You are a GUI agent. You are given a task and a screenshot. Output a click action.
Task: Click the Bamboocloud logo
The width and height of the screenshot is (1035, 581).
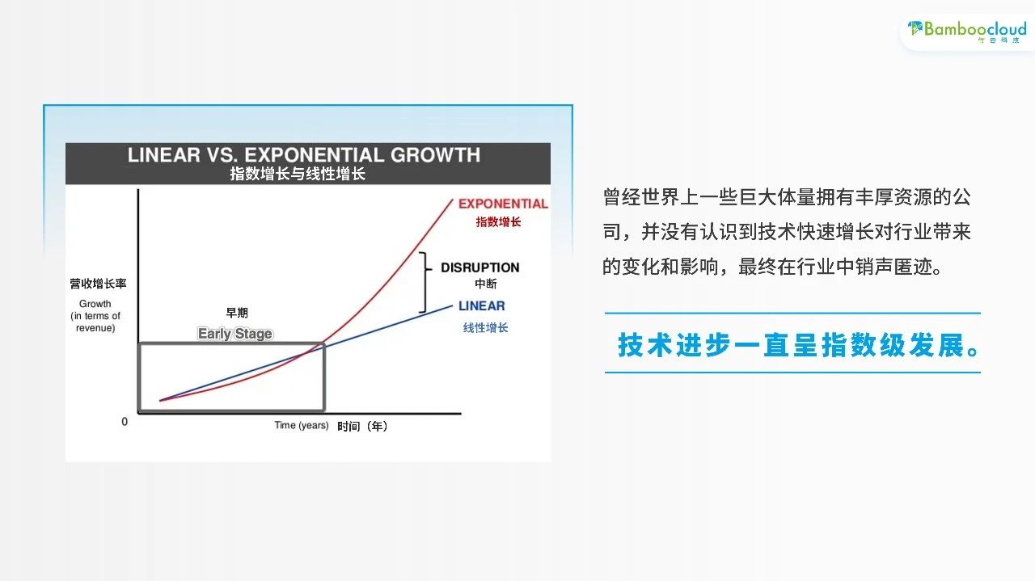click(967, 32)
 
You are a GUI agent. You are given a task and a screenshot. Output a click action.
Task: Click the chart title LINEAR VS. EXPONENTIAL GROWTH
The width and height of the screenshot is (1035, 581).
click(304, 155)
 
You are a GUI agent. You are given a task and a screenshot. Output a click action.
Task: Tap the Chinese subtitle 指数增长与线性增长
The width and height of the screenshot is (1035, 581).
click(298, 174)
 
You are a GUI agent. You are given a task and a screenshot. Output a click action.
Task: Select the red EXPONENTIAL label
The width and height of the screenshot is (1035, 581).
click(503, 204)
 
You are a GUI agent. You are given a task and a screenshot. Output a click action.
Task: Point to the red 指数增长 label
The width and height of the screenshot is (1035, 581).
click(498, 222)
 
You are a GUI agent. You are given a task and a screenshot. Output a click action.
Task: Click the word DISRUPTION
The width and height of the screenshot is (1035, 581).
click(480, 267)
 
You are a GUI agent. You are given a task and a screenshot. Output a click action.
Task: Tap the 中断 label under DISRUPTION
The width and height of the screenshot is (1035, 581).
click(486, 284)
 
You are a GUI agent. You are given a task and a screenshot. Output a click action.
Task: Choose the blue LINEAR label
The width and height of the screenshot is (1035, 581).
click(481, 305)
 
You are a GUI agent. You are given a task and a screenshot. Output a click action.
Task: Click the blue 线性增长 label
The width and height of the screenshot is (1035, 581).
click(485, 328)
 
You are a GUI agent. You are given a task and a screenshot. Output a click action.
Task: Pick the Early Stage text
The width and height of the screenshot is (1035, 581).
click(234, 334)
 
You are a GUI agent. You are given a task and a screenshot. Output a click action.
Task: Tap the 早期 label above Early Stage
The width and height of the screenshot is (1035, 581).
click(237, 313)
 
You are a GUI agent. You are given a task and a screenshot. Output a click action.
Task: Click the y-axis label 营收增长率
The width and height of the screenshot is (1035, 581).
click(98, 284)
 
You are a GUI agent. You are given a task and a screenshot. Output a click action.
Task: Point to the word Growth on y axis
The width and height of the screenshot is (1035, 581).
click(95, 304)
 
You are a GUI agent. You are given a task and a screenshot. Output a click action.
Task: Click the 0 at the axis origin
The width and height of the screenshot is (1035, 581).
click(125, 422)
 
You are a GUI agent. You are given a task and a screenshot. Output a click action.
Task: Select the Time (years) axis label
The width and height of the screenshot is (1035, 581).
click(302, 425)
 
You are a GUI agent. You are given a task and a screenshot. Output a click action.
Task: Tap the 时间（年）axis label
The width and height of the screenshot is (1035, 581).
click(362, 427)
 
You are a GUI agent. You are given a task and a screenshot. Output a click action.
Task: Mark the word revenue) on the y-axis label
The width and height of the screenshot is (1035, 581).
click(95, 328)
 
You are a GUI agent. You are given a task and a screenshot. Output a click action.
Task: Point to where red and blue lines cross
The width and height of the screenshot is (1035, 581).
click(306, 353)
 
